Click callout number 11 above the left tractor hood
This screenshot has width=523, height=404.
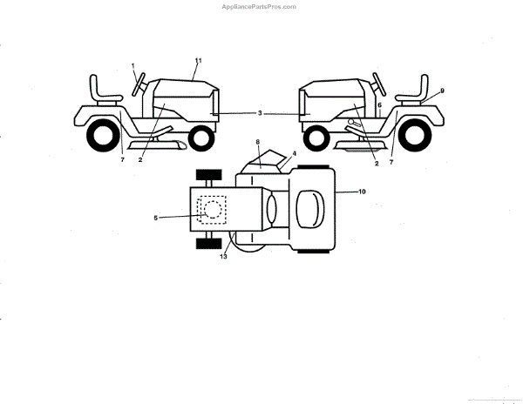coord(198,60)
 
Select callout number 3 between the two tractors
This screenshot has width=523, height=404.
coord(260,113)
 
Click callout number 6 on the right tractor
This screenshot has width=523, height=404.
coord(379,104)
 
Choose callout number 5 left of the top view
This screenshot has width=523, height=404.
coord(156,218)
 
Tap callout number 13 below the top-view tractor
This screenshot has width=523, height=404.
coord(224,258)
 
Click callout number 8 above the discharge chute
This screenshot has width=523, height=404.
coord(258,141)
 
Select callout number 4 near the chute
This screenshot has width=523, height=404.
coord(295,153)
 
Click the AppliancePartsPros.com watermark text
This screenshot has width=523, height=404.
coord(261,7)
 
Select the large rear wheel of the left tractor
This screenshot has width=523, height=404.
coord(102,133)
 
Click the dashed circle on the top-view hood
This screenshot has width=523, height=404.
coord(212,209)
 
